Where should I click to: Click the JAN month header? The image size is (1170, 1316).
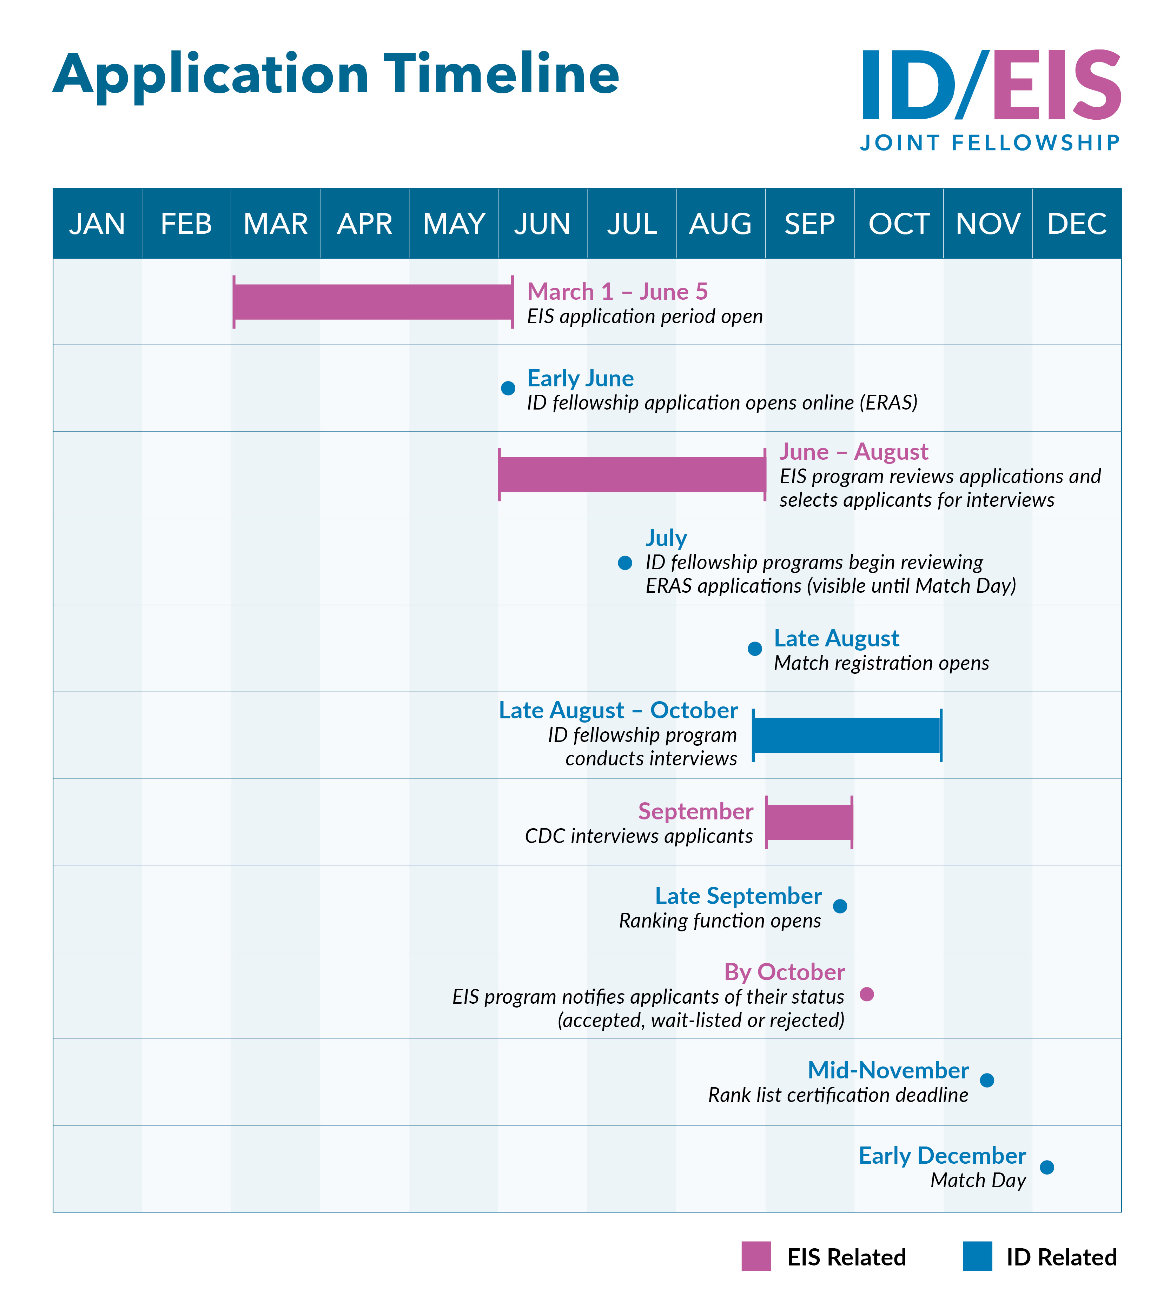[97, 224]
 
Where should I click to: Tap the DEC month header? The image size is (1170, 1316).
[1077, 224]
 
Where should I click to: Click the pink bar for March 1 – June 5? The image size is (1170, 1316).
[373, 301]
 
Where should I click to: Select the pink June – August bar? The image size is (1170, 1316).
[632, 474]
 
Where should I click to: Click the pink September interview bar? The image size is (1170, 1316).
[809, 822]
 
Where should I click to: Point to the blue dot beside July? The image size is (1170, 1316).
[624, 563]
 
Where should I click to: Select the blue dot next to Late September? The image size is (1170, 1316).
[840, 906]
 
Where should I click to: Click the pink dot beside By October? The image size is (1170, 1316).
[867, 994]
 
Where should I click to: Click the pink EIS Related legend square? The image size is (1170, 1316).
[756, 1256]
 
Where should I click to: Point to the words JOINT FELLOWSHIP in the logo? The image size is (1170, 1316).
[990, 143]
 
